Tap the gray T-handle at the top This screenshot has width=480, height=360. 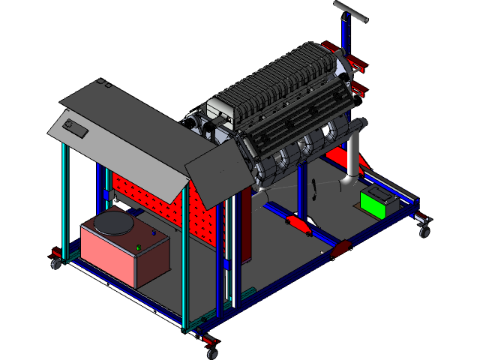[x=351, y=11]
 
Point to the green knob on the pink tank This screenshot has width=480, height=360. [x=139, y=247]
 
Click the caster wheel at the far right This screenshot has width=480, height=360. [x=424, y=230]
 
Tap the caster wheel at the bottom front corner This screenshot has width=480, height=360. [x=211, y=352]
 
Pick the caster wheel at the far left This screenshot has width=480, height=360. [x=55, y=263]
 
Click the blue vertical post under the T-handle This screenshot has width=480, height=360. [x=345, y=34]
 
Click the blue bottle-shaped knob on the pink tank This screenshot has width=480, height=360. [x=154, y=235]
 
